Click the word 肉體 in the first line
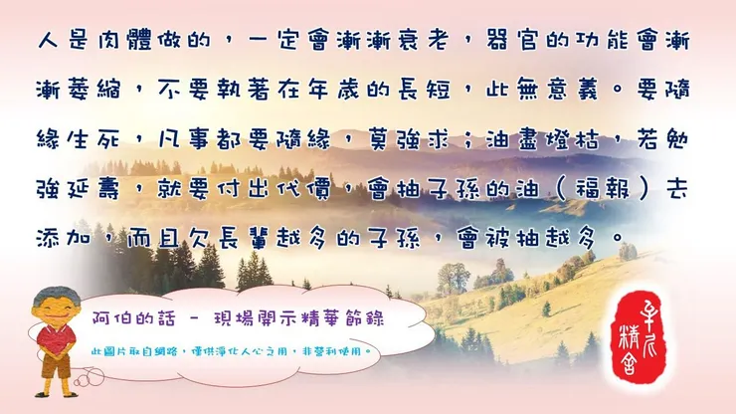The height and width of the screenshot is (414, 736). [x=127, y=42]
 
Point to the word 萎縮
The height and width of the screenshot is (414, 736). [x=106, y=91]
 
